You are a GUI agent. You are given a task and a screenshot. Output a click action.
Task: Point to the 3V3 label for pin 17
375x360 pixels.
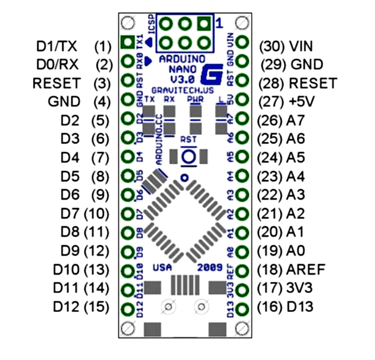pyautogui.click(x=299, y=289)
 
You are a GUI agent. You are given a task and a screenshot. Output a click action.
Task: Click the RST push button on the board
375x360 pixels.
pyautogui.click(x=188, y=156)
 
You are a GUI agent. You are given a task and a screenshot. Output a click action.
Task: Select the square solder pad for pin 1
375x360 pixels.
pyautogui.click(x=128, y=43)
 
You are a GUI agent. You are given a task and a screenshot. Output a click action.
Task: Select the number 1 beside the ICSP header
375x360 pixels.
pyautogui.click(x=219, y=24)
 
